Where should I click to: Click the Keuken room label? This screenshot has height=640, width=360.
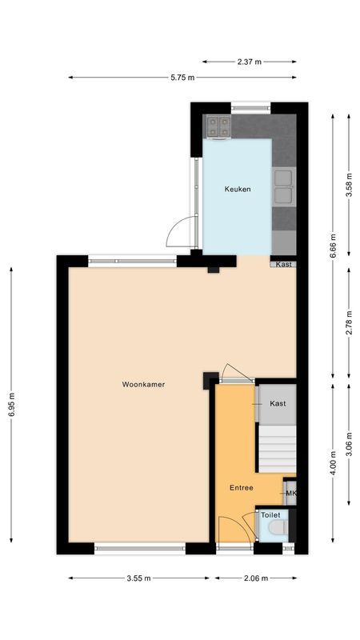click(x=237, y=190)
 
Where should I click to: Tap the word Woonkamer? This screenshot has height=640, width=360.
click(x=143, y=385)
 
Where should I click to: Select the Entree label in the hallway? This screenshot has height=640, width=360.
click(x=241, y=488)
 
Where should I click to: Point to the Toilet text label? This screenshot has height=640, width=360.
click(x=270, y=516)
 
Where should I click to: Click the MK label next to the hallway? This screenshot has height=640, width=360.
click(x=291, y=493)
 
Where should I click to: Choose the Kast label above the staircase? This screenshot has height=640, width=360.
click(x=278, y=404)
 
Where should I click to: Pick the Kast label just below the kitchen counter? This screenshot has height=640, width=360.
click(x=284, y=265)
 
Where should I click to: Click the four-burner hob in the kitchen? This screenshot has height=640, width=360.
click(x=218, y=125)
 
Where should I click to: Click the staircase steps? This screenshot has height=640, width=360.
click(x=276, y=448)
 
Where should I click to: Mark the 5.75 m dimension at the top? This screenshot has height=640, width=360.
click(x=182, y=78)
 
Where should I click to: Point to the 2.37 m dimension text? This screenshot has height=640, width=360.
click(x=249, y=61)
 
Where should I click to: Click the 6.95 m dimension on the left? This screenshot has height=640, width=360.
click(x=11, y=404)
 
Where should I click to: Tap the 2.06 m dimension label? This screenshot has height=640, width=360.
click(x=256, y=578)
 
